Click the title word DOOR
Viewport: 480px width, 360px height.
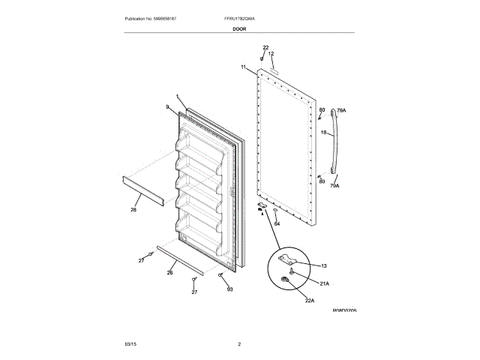click(x=239, y=28)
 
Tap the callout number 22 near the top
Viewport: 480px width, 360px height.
click(x=265, y=48)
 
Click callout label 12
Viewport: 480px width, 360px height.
click(x=271, y=54)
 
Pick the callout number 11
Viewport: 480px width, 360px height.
click(x=244, y=67)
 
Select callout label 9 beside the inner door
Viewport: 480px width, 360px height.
click(x=168, y=107)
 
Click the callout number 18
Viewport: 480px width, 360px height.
click(x=323, y=133)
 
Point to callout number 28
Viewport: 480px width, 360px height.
click(x=133, y=210)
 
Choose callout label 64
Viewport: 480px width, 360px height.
click(x=276, y=223)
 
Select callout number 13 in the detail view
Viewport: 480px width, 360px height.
click(x=324, y=266)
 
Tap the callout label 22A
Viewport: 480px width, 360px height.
click(x=309, y=301)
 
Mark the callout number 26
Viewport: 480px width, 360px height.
click(x=169, y=272)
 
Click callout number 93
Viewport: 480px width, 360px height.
click(x=229, y=289)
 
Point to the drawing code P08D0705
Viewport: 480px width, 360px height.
click(x=344, y=309)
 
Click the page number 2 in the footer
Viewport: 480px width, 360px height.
click(x=239, y=343)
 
